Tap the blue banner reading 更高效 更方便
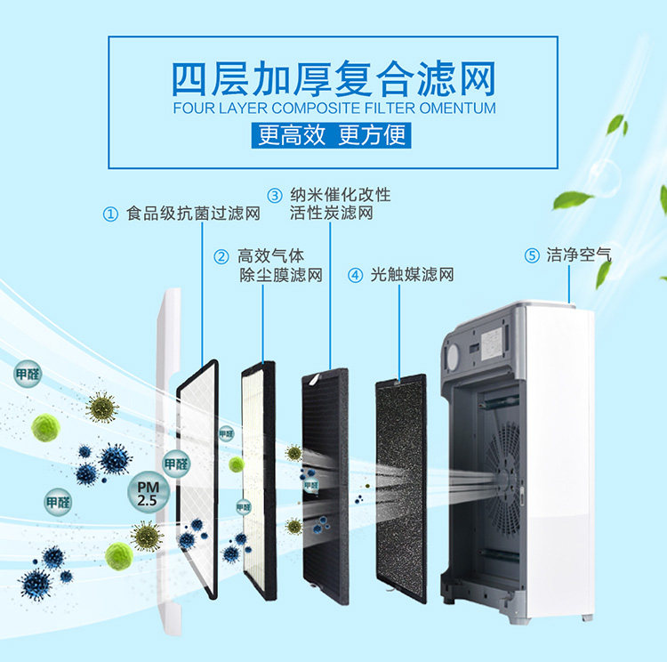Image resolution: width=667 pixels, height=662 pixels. [x=333, y=136]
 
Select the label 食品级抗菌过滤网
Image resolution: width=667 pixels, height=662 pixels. [x=193, y=214]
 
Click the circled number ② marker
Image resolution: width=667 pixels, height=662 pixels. [x=221, y=257]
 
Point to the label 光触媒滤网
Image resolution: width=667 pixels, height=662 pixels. [x=412, y=275]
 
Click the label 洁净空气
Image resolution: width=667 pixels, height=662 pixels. [x=579, y=255]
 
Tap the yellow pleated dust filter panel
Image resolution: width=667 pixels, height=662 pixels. [x=259, y=480]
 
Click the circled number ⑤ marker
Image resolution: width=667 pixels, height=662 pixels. [x=532, y=256]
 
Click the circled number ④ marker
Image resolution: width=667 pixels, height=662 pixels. [x=356, y=275]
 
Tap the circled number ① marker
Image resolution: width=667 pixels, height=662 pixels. [x=110, y=214]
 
